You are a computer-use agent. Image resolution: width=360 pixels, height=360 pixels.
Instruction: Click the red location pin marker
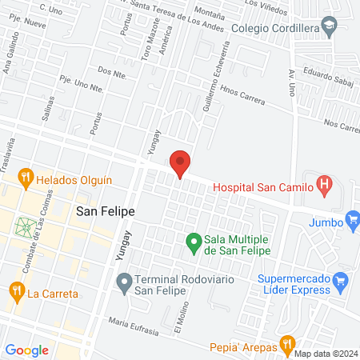tap(181, 163)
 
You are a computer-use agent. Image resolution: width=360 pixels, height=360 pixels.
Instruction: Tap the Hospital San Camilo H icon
tap(324, 187)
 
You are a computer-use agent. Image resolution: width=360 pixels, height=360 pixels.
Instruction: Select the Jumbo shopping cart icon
tap(353, 218)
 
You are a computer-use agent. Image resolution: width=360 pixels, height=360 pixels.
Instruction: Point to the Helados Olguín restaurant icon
tap(26, 178)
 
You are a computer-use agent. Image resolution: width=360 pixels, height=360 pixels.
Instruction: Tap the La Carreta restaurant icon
tap(15, 292)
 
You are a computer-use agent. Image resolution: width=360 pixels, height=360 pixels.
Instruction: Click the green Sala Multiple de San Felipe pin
tap(193, 240)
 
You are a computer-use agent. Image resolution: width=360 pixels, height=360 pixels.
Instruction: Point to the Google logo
tap(26, 350)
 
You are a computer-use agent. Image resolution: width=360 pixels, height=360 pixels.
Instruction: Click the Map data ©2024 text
tap(326, 354)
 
